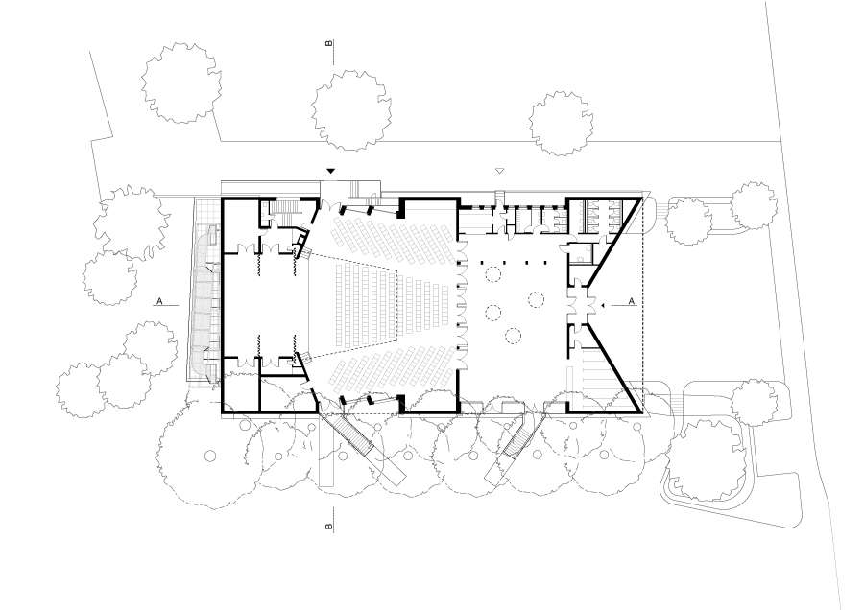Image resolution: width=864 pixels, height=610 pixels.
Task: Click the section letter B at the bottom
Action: pyautogui.click(x=329, y=527)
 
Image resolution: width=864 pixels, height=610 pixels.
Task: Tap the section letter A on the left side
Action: pyautogui.click(x=159, y=301)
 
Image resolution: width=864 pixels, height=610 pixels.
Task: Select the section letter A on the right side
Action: pyautogui.click(x=632, y=301)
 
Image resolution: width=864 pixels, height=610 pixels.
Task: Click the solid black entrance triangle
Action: pyautogui.click(x=330, y=172)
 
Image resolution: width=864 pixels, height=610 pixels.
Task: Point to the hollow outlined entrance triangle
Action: pyautogui.click(x=500, y=172)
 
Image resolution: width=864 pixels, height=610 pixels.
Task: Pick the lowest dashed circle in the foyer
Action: pyautogui.click(x=513, y=336)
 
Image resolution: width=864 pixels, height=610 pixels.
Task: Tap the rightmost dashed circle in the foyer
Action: pyautogui.click(x=536, y=299)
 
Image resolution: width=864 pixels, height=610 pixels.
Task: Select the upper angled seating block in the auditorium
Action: pyautogui.click(x=393, y=240)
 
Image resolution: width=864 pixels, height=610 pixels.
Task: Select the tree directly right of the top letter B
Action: pyautogui.click(x=351, y=110)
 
